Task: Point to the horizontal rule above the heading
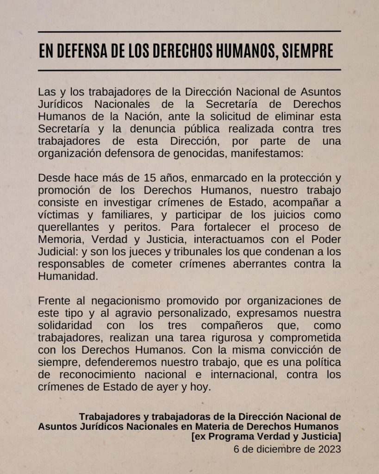pos(189,31)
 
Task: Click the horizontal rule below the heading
pos(189,70)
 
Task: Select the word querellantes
pos(69,228)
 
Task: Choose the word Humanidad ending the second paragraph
pos(68,276)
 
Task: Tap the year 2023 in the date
pos(326,449)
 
